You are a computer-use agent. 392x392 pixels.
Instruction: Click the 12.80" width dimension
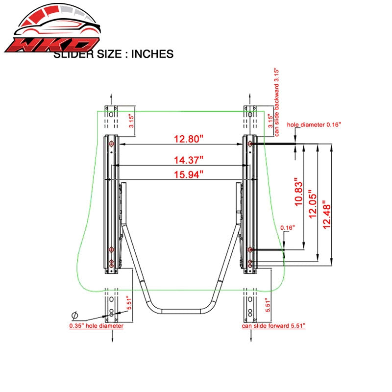[x=189, y=139]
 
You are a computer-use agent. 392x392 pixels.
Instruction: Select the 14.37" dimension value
[x=189, y=160]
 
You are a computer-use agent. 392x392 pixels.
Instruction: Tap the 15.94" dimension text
[x=189, y=174]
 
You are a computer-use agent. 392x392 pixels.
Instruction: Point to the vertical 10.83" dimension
[x=298, y=192]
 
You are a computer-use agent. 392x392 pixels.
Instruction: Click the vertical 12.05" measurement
[x=313, y=204]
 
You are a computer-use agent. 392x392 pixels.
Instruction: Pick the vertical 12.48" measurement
[x=326, y=215]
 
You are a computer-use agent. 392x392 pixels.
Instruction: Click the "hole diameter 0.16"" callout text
[x=314, y=124]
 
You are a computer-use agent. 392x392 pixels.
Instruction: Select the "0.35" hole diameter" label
[x=96, y=326]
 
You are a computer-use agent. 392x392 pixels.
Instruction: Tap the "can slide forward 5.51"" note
[x=273, y=326]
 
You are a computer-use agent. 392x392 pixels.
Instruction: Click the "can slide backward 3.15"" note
[x=276, y=102]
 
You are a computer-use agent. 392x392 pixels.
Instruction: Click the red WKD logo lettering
[x=52, y=45]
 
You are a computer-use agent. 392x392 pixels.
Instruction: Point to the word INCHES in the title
[x=152, y=54]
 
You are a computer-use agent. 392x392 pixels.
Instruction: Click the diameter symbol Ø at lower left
[x=74, y=316]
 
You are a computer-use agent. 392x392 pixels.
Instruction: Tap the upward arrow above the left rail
[x=111, y=99]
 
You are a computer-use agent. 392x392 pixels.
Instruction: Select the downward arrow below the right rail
[x=251, y=336]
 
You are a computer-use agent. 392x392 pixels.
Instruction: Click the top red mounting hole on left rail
[x=111, y=144]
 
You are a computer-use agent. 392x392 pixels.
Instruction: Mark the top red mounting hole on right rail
[x=250, y=144]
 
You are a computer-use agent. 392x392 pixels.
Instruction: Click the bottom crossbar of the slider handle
[x=181, y=312]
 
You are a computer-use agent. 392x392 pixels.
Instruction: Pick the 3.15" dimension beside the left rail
[x=131, y=121]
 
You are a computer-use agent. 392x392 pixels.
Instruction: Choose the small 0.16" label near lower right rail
[x=288, y=228]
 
